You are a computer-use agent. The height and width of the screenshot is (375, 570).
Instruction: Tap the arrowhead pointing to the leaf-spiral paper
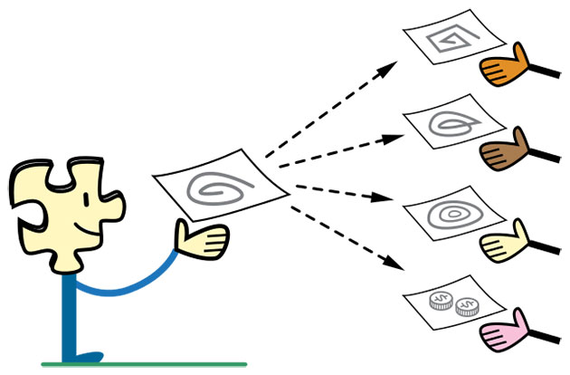392,139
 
